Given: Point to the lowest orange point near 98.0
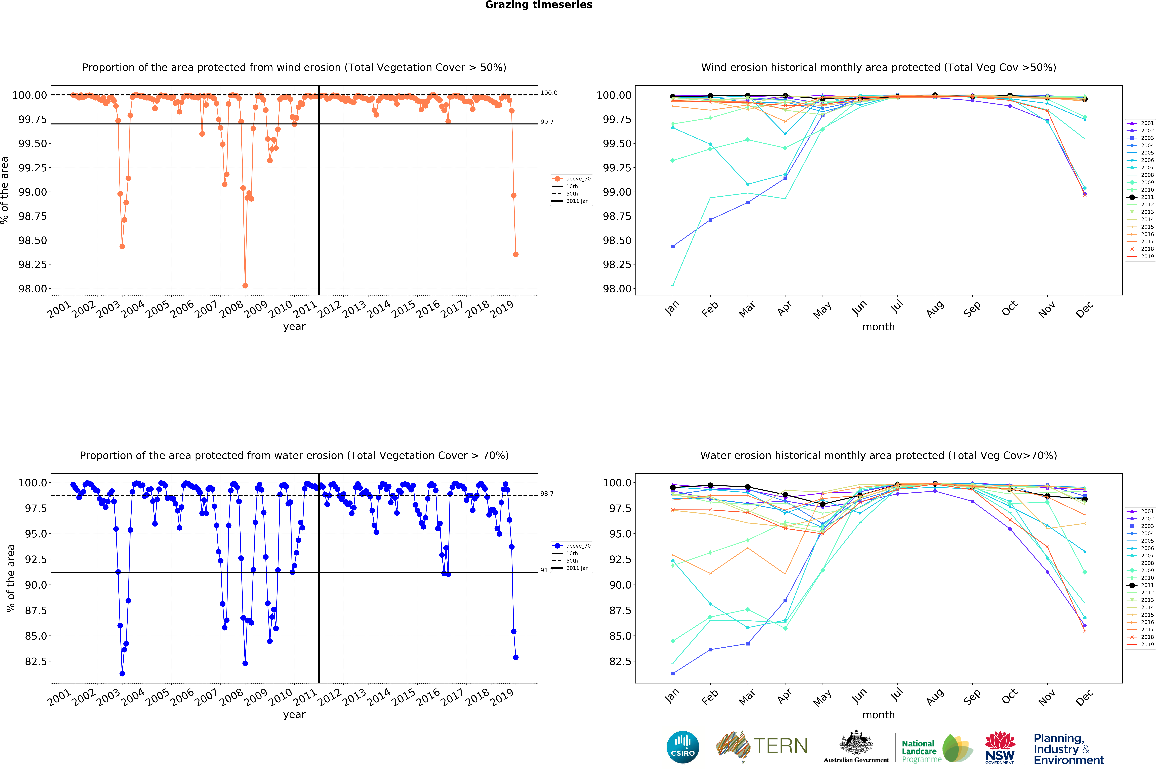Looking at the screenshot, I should click(245, 285).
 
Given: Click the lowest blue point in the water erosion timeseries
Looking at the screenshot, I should click(122, 673).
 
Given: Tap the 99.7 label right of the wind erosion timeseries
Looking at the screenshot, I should click(547, 122).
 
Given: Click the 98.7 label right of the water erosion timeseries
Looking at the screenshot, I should click(547, 494).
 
